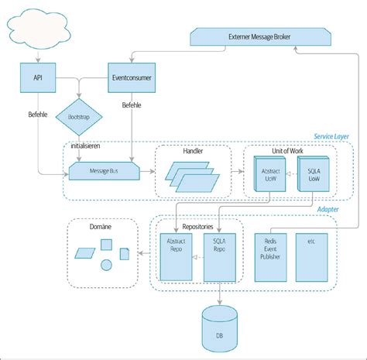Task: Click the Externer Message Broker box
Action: pyautogui.click(x=245, y=36)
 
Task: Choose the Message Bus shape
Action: pyautogui.click(x=104, y=170)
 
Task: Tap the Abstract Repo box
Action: pyautogui.click(x=176, y=257)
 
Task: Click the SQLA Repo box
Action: pyautogui.click(x=221, y=257)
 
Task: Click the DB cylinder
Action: pyautogui.click(x=220, y=328)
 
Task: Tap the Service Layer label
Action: pyautogui.click(x=331, y=136)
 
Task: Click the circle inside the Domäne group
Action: pyautogui.click(x=106, y=266)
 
